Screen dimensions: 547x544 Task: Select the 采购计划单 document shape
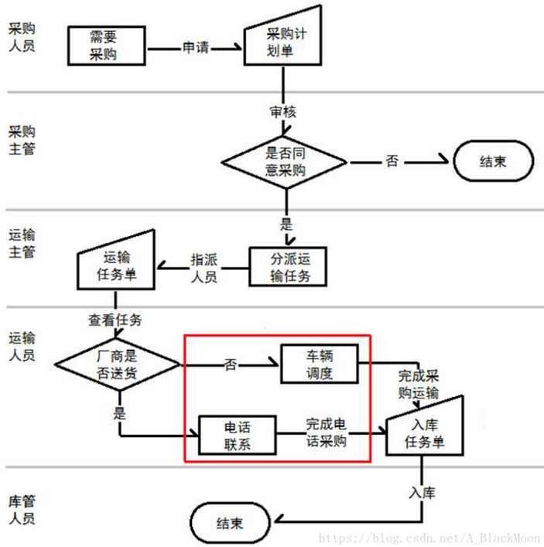point(282,43)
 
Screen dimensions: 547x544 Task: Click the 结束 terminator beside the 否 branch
point(493,162)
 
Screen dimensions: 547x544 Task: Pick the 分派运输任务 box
point(287,267)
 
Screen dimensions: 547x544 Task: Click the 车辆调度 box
point(319,364)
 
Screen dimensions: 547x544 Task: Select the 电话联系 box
point(238,435)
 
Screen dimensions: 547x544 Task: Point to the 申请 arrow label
point(196,47)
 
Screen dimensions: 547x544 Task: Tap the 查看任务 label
point(115,320)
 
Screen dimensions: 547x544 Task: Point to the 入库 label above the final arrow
point(423,491)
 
